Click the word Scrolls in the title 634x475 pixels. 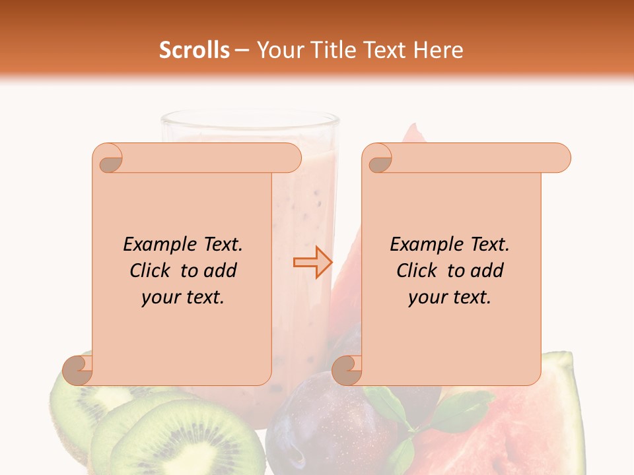(194, 50)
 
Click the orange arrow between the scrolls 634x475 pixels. (313, 263)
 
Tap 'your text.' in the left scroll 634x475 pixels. (183, 298)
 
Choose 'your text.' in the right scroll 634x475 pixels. (450, 298)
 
